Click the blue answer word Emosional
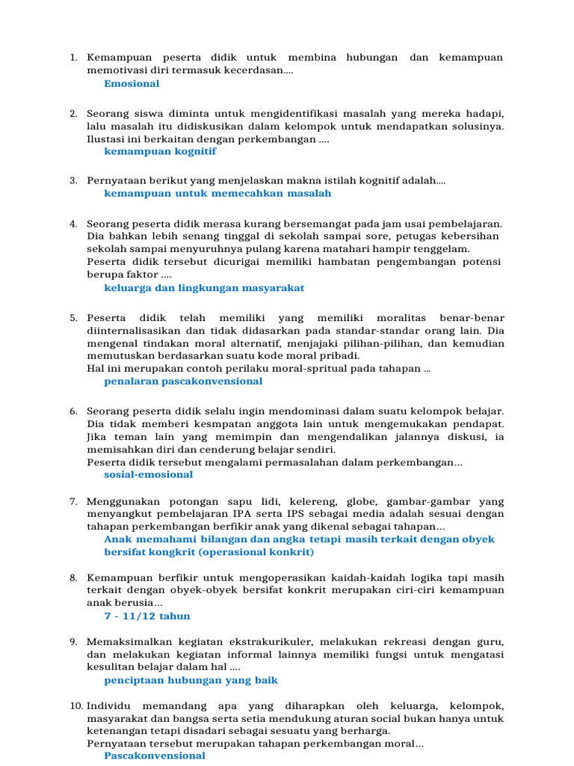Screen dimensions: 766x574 (x=132, y=84)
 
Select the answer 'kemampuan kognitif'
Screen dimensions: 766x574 (x=160, y=151)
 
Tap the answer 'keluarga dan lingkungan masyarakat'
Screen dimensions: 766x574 (x=204, y=288)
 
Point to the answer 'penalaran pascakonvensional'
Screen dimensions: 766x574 (x=183, y=382)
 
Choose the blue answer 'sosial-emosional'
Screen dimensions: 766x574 (x=148, y=475)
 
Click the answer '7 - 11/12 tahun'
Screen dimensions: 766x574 (x=147, y=616)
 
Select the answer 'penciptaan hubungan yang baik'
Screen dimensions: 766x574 (x=191, y=681)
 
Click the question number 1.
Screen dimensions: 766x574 (x=73, y=58)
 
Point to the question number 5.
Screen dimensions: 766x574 (x=73, y=318)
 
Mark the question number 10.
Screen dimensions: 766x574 (x=76, y=706)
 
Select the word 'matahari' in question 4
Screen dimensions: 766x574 (x=377, y=249)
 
